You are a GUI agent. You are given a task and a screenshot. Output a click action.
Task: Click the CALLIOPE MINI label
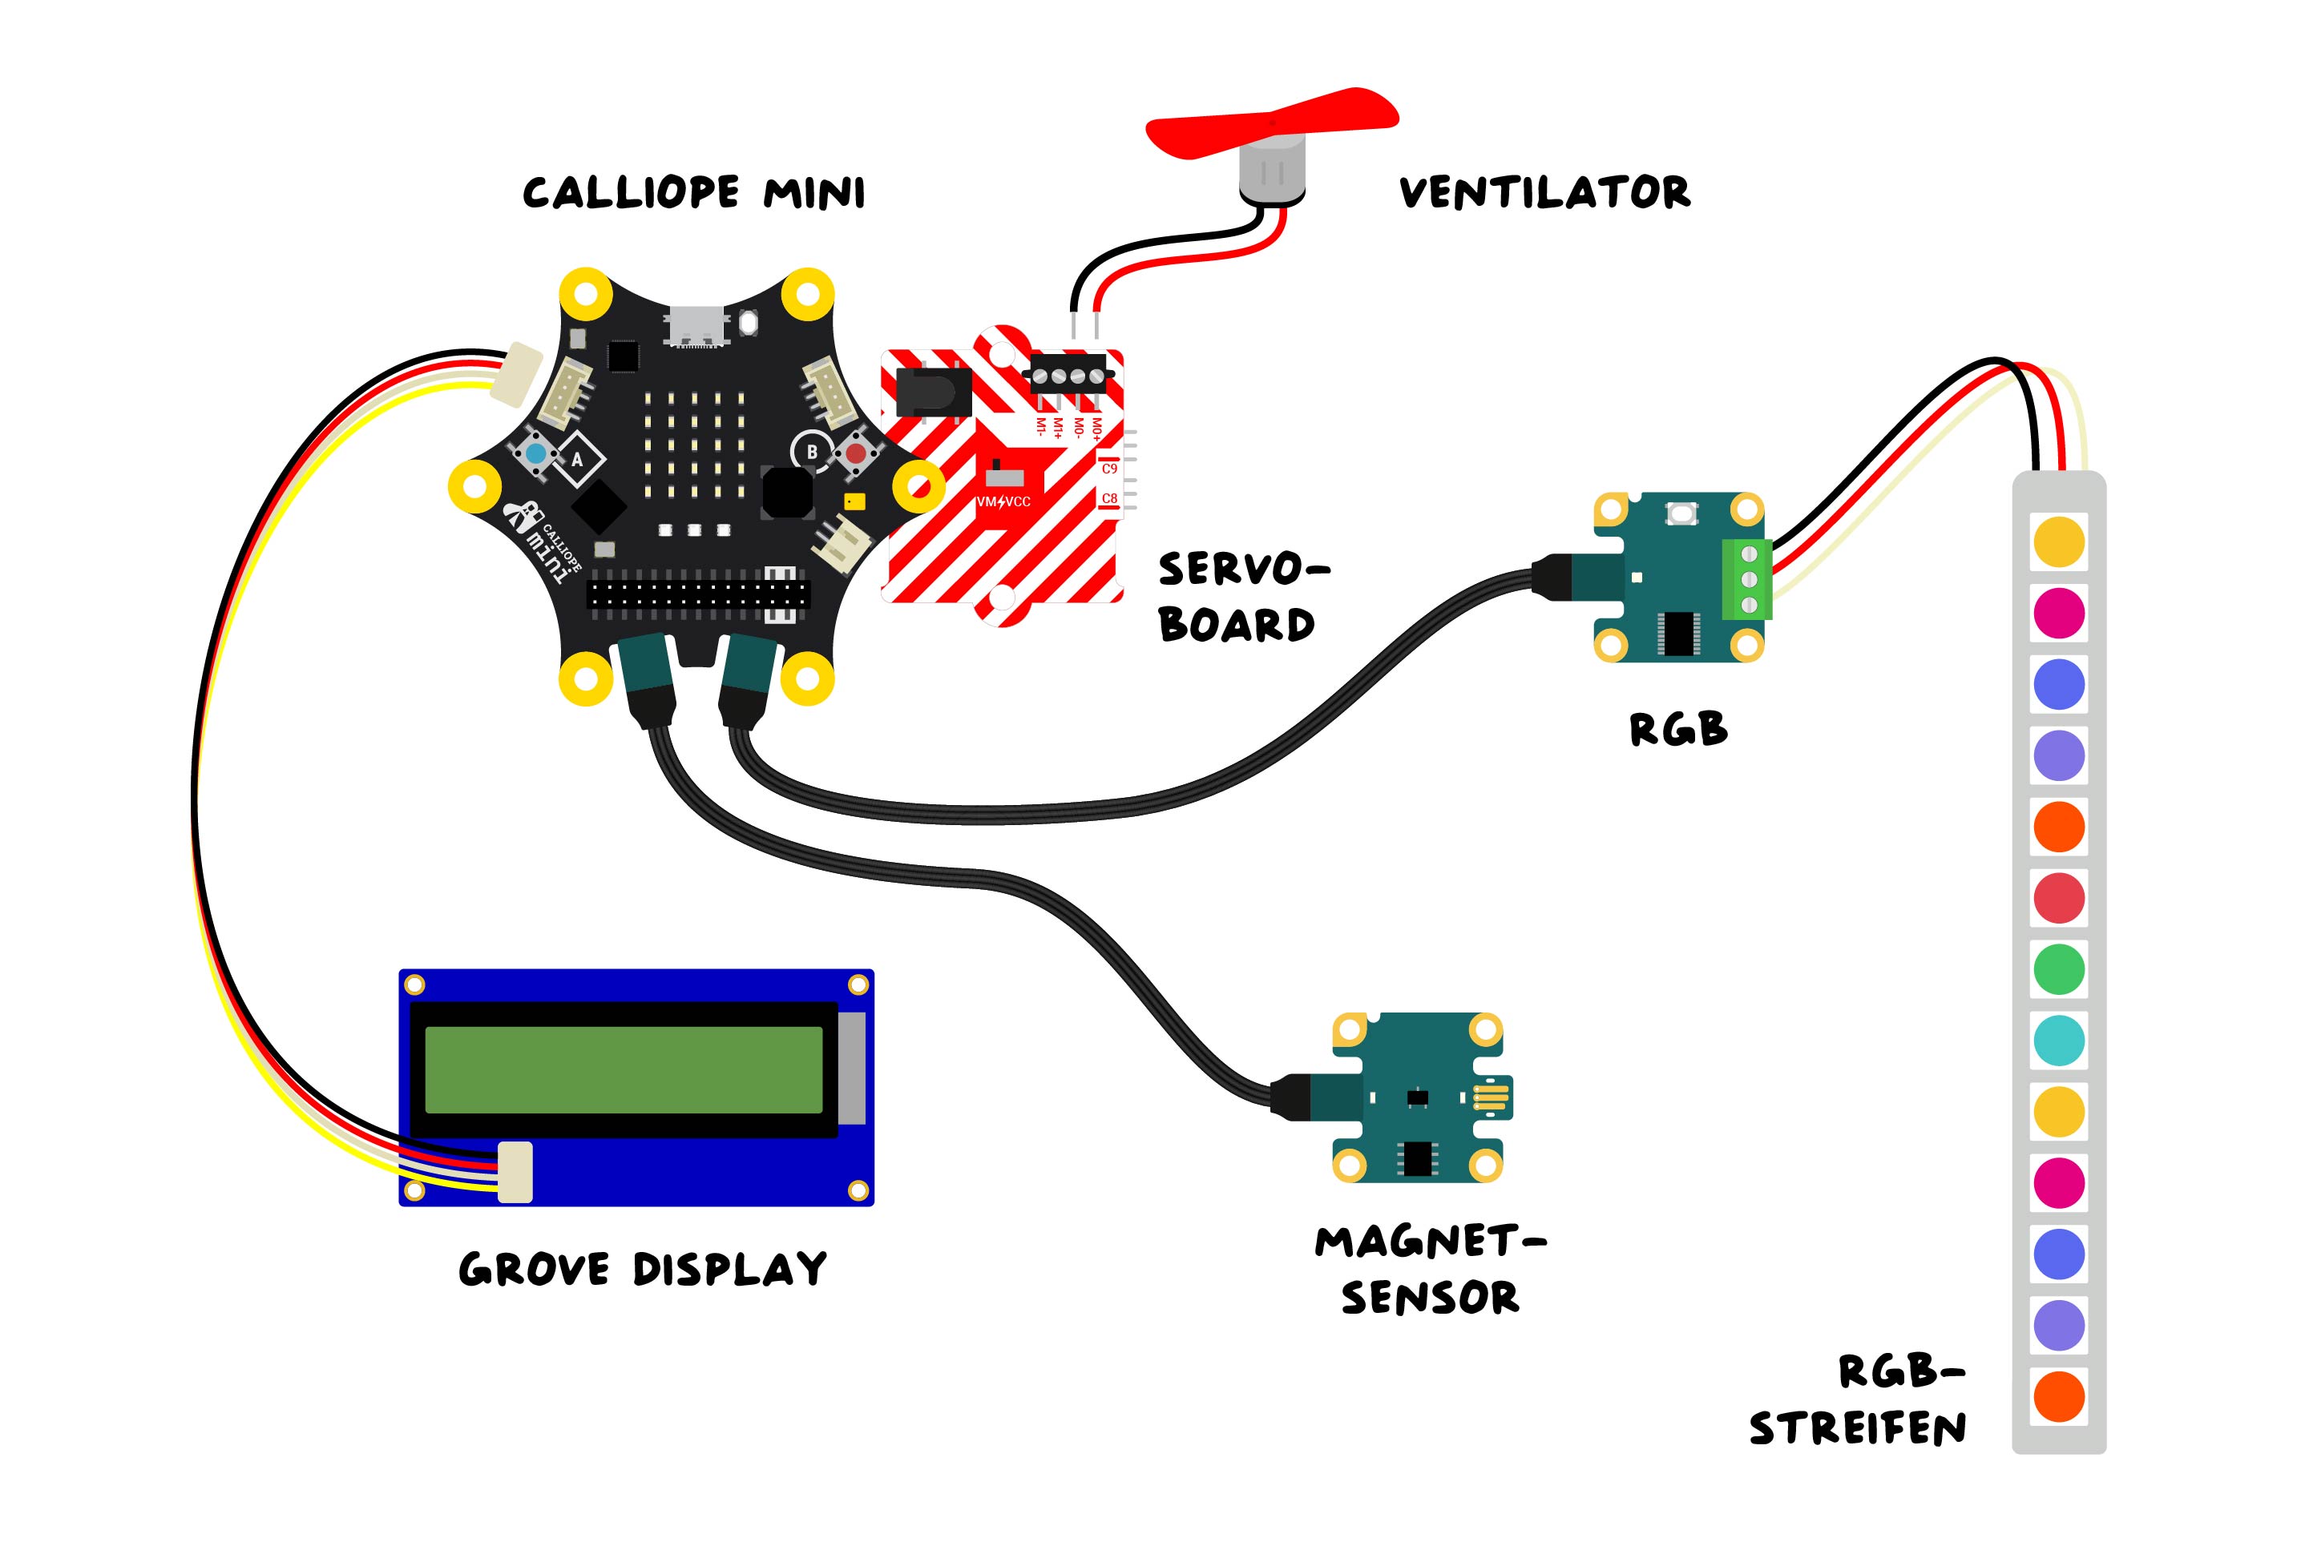coord(693,193)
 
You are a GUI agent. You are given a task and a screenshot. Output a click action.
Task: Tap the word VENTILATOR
coord(1544,193)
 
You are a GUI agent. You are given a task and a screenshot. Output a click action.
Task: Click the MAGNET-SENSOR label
coord(1429,1270)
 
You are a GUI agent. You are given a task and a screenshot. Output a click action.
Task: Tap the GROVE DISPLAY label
coord(643,1269)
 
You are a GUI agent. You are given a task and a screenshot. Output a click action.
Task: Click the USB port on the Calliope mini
coord(696,325)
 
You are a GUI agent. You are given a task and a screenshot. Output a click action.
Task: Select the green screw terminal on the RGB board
coord(1747,580)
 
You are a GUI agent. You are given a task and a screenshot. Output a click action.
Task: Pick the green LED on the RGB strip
coord(2058,968)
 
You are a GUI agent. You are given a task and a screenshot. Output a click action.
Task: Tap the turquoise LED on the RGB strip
coord(2058,1041)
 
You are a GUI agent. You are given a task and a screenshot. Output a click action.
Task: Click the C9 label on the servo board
coord(1108,469)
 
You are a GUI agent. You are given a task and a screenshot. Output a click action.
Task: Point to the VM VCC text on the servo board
coord(1003,501)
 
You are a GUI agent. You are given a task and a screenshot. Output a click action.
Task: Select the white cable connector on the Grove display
coord(515,1171)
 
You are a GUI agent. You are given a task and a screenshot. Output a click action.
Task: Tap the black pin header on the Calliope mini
coord(697,594)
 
